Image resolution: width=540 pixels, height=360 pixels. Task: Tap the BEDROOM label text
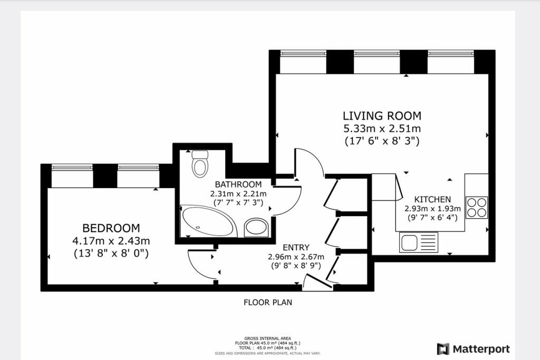click(x=111, y=228)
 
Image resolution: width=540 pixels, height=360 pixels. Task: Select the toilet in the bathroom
click(x=200, y=164)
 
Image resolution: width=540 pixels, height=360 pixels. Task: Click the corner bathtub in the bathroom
click(x=207, y=221)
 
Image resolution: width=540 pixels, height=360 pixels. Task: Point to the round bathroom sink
click(x=256, y=227)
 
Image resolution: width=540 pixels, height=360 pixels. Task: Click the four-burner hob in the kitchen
click(x=477, y=207)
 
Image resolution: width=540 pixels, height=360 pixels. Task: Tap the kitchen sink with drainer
click(x=419, y=242)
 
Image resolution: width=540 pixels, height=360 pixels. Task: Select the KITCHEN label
click(x=432, y=199)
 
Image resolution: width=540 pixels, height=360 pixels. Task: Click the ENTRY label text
click(x=296, y=248)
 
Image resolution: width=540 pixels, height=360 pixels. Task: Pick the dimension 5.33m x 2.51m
click(x=382, y=129)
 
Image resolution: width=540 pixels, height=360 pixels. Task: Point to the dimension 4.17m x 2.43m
click(x=111, y=241)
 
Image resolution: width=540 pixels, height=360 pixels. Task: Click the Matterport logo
click(x=473, y=349)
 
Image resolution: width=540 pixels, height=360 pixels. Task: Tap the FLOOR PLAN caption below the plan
click(x=267, y=303)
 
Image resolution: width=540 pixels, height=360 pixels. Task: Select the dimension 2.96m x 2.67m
click(x=296, y=257)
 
